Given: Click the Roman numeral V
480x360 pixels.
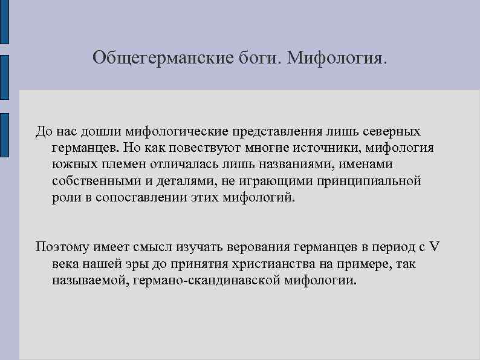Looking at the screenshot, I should (433, 247).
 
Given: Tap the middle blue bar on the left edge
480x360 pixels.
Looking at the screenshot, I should (4, 77).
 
